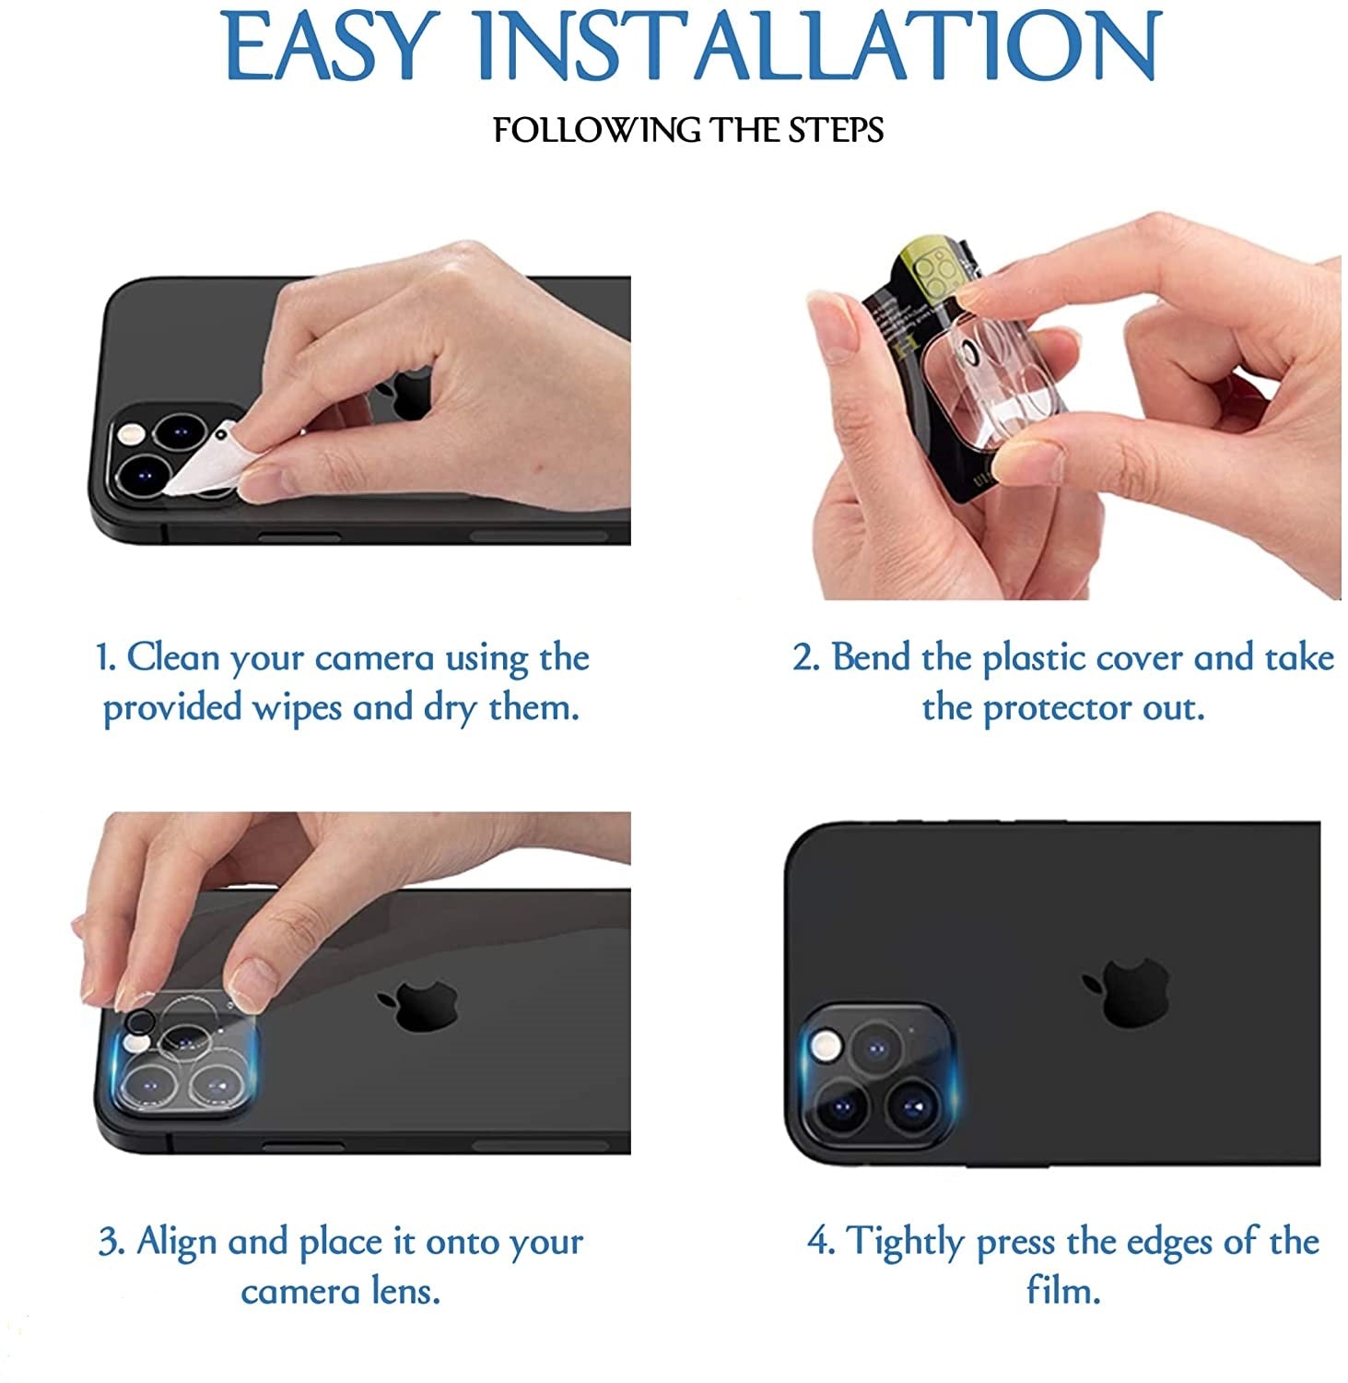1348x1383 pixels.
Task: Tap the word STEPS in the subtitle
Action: click(x=836, y=129)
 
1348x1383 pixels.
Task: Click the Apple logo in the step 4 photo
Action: click(x=1126, y=988)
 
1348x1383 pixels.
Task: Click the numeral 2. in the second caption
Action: click(x=806, y=658)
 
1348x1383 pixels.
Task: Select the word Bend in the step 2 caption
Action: click(x=871, y=658)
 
